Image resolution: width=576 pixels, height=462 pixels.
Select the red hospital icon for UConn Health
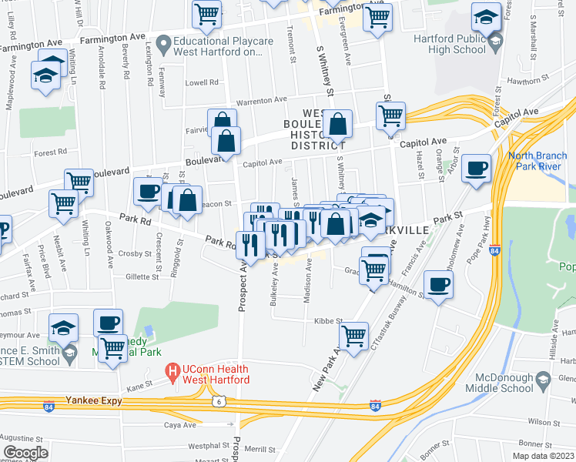[174, 374]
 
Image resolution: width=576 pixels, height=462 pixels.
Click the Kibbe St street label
[327, 320]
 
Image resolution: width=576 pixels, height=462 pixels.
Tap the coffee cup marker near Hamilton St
[439, 286]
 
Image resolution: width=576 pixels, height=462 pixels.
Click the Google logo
[26, 452]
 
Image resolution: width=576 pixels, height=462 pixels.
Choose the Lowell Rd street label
[202, 82]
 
